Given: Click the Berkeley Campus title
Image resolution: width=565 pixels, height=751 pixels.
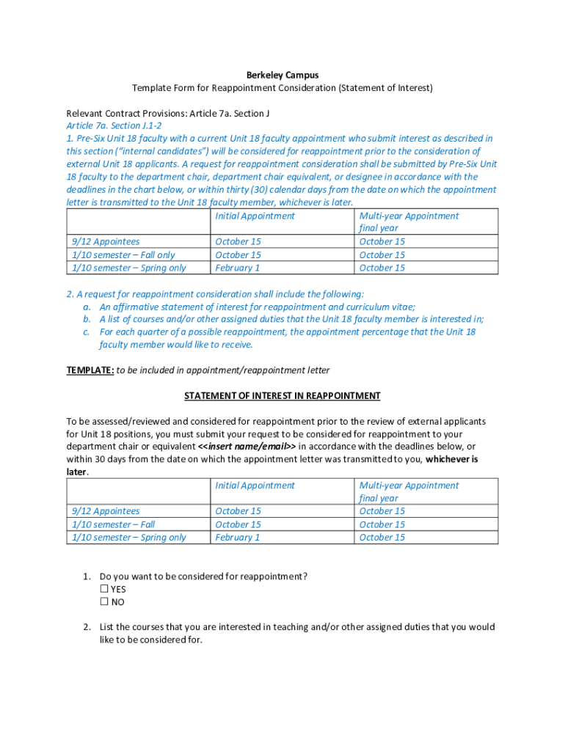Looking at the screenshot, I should click(282, 75).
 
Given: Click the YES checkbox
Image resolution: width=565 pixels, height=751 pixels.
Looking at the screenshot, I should click(104, 589).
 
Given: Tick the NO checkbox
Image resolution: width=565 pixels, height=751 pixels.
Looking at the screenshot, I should click(104, 602).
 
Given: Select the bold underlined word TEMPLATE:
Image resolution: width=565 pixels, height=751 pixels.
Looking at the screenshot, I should click(90, 370).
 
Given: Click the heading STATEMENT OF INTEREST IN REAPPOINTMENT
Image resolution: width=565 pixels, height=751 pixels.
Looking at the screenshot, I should click(282, 396).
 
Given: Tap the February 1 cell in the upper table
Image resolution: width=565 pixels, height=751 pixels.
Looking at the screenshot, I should click(238, 268).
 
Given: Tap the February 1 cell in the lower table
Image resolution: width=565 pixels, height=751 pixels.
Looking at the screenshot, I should click(238, 538).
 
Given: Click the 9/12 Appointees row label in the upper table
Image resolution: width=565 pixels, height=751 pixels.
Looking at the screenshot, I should click(106, 241).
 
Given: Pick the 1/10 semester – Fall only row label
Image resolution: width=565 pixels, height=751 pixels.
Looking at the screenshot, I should click(124, 254).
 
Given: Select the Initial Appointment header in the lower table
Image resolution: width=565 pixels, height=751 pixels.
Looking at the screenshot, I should click(255, 486).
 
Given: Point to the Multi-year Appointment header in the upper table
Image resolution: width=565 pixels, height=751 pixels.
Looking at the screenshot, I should click(409, 216).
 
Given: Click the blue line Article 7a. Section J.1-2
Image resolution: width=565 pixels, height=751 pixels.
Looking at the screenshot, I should click(114, 125).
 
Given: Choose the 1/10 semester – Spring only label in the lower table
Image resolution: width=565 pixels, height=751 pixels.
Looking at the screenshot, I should click(129, 538).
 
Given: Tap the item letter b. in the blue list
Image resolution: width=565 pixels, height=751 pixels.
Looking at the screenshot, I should click(87, 319).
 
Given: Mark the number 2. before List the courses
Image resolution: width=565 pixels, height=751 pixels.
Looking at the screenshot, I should click(87, 627).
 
